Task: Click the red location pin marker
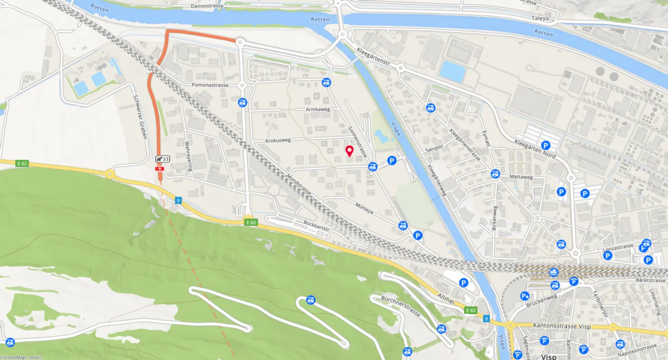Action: click(349, 150)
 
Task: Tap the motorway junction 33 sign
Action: click(162, 159)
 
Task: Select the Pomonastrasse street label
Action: click(210, 85)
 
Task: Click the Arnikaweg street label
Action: click(318, 109)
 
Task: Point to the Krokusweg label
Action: click(277, 140)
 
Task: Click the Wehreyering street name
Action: click(188, 156)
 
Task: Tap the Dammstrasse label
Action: click(207, 6)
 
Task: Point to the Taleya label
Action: click(540, 19)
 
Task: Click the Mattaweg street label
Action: click(521, 177)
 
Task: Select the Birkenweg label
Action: click(495, 218)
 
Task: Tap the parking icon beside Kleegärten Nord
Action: click(546, 145)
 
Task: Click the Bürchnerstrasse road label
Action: click(400, 306)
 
